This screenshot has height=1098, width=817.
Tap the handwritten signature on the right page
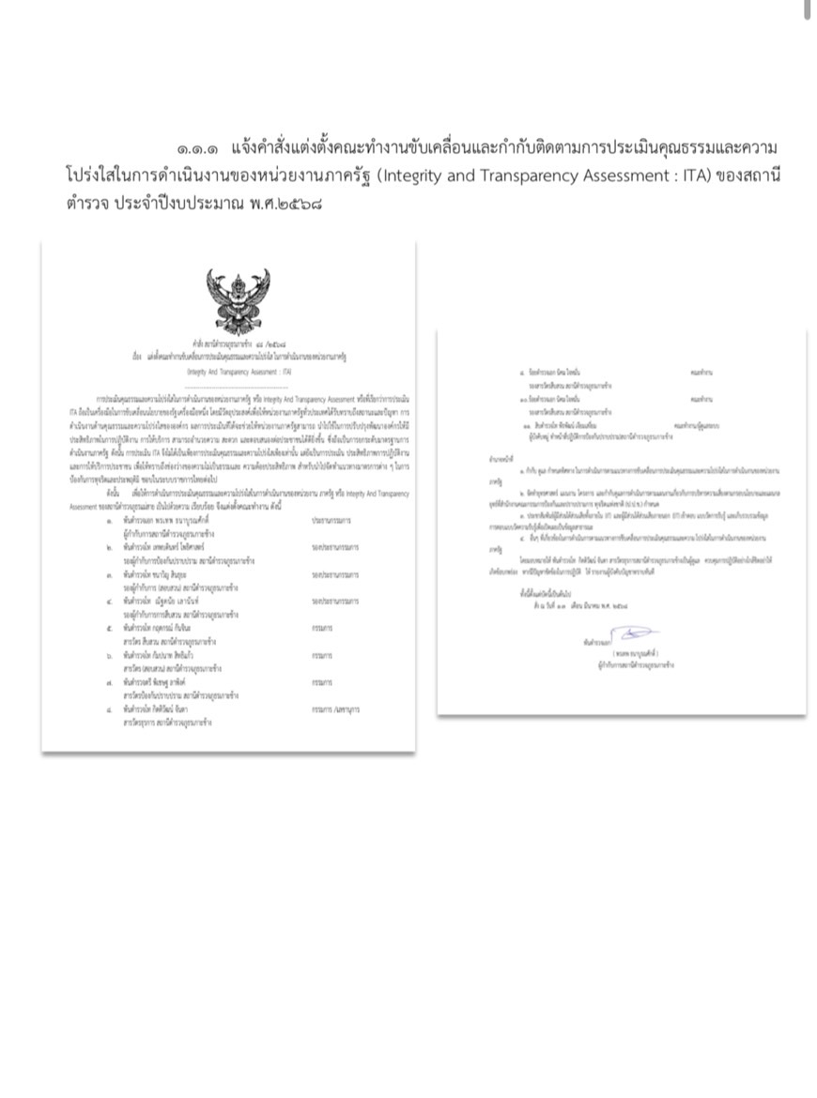click(x=633, y=635)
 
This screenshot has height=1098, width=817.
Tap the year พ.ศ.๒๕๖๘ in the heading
click(x=277, y=202)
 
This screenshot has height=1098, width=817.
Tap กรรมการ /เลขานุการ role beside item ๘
click(x=341, y=712)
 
